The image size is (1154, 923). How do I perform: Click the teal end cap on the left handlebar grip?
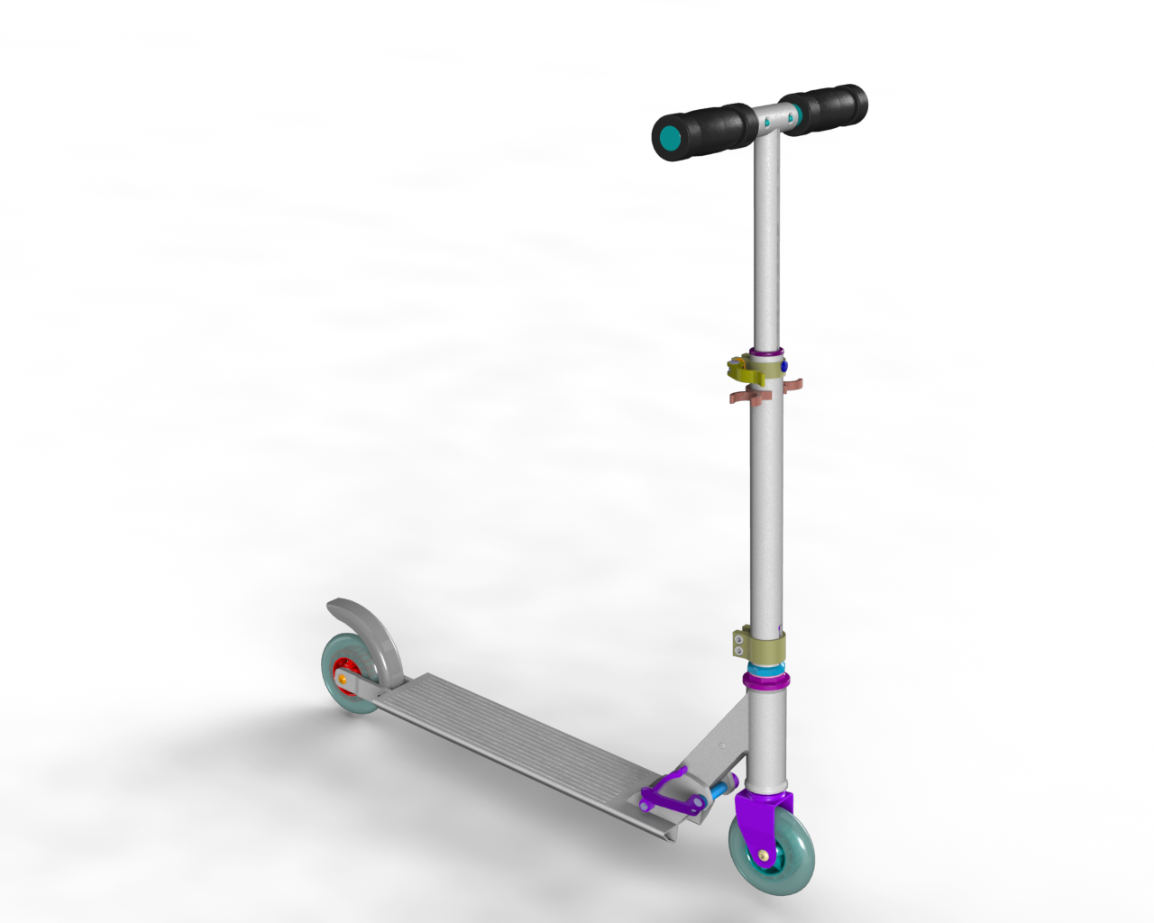click(669, 138)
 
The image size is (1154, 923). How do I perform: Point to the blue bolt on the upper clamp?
click(783, 366)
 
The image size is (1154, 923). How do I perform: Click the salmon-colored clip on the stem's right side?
click(792, 386)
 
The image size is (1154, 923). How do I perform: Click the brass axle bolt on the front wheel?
click(764, 854)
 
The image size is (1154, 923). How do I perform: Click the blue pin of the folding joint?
click(720, 790)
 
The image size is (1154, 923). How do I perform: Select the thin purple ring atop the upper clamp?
click(766, 352)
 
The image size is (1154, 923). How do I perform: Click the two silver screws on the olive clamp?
click(738, 645)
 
